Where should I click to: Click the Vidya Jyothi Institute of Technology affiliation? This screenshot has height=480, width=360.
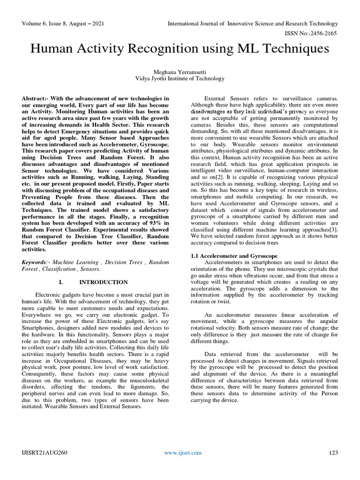[x=180, y=78]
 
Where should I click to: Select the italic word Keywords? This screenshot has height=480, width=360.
[x=36, y=262]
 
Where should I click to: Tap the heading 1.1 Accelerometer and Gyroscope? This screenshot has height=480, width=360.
[x=234, y=256]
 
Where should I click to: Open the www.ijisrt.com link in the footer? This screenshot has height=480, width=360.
[x=183, y=452]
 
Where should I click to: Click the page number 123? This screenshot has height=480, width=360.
[x=333, y=452]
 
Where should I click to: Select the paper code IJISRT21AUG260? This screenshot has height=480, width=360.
[x=44, y=452]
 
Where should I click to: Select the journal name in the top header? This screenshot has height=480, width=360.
[x=253, y=23]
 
